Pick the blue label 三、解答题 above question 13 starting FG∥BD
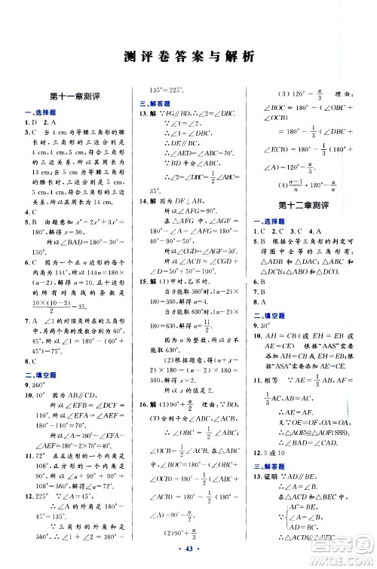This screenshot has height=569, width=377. [152, 103]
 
